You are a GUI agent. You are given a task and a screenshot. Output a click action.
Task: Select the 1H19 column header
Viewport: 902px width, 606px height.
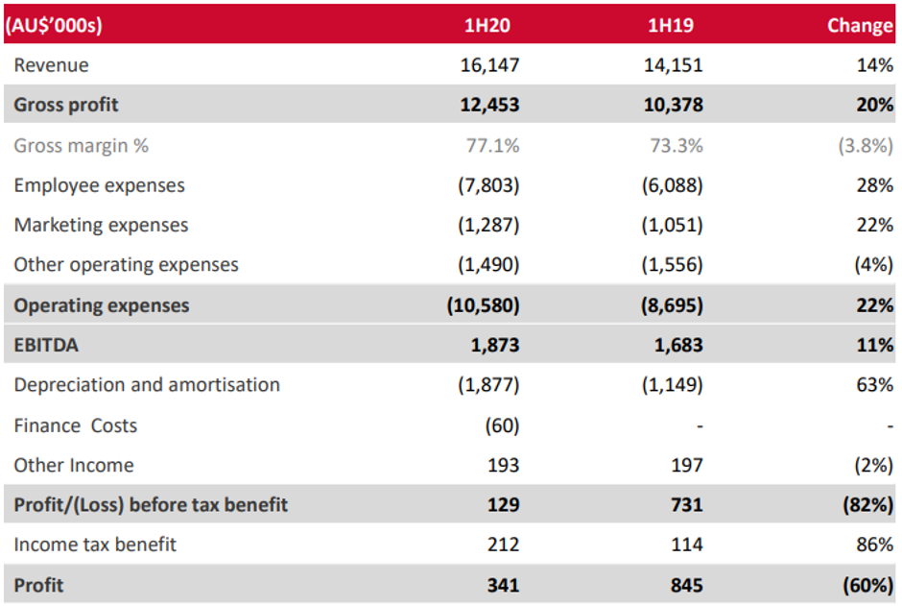[676, 26]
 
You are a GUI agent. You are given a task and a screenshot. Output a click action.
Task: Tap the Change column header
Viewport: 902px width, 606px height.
[860, 26]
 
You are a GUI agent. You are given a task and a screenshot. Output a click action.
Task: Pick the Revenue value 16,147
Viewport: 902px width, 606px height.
[489, 65]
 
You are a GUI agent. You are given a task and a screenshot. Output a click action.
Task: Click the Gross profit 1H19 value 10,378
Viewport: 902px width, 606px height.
[672, 105]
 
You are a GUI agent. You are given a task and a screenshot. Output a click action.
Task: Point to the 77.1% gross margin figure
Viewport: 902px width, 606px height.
[492, 146]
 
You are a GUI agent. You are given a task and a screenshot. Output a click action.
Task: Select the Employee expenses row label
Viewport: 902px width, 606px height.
[100, 185]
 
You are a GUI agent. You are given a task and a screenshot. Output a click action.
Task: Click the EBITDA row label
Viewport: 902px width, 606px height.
[46, 345]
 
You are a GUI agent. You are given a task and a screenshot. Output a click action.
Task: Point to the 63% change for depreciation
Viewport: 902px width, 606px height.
[875, 385]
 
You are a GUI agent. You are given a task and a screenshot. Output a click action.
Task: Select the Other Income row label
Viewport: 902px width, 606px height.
[74, 466]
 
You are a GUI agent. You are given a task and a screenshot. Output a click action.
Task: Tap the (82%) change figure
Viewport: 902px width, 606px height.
[868, 505]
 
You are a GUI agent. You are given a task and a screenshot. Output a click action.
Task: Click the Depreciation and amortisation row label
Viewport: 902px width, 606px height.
[147, 385]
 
